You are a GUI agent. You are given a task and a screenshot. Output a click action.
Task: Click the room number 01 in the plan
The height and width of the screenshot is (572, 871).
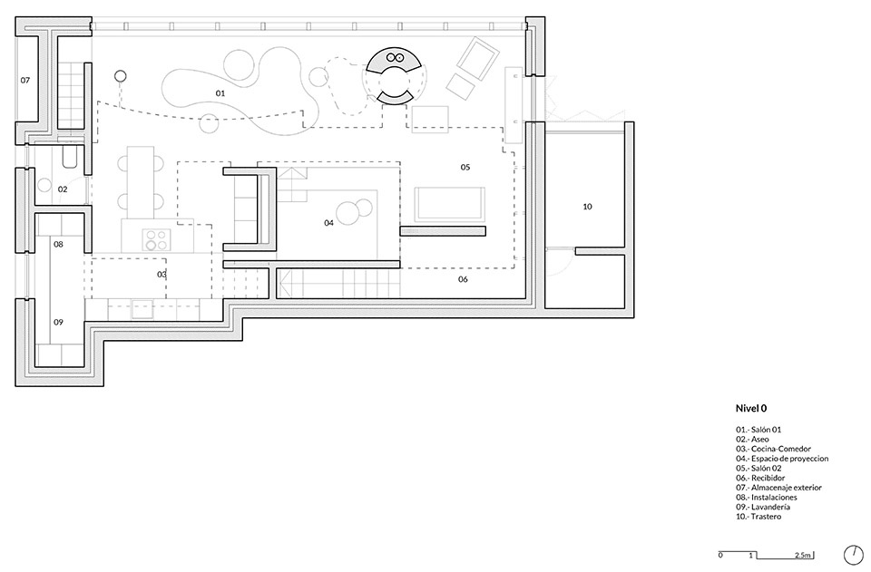pyautogui.click(x=220, y=93)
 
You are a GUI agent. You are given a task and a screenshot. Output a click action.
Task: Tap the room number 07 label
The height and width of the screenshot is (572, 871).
pyautogui.click(x=25, y=80)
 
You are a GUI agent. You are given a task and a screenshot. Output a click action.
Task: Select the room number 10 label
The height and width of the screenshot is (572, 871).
pyautogui.click(x=587, y=207)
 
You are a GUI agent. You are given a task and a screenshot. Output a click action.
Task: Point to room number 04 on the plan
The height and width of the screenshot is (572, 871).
pyautogui.click(x=328, y=222)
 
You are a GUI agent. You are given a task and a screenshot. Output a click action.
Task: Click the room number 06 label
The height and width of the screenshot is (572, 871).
pyautogui.click(x=463, y=279)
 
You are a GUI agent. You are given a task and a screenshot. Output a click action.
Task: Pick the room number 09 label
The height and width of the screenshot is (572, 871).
pyautogui.click(x=58, y=322)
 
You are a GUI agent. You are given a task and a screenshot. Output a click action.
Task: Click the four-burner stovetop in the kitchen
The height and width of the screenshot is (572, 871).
pyautogui.click(x=155, y=239)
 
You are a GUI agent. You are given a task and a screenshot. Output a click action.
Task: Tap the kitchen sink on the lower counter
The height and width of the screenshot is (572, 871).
pyautogui.click(x=142, y=309)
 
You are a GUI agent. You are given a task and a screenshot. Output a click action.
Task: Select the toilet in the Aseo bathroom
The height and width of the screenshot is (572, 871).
pyautogui.click(x=71, y=157)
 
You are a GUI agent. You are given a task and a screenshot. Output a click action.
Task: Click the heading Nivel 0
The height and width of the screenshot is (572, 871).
pyautogui.click(x=751, y=408)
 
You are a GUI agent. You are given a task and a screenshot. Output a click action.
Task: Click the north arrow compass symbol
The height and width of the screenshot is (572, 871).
pyautogui.click(x=852, y=554)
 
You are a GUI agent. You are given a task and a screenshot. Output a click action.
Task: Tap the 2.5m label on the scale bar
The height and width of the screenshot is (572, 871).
pyautogui.click(x=803, y=555)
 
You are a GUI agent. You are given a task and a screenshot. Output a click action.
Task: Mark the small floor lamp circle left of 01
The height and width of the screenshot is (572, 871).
pyautogui.click(x=121, y=76)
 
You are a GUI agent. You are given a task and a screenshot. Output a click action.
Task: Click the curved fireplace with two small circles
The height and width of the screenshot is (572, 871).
pyautogui.click(x=396, y=59)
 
